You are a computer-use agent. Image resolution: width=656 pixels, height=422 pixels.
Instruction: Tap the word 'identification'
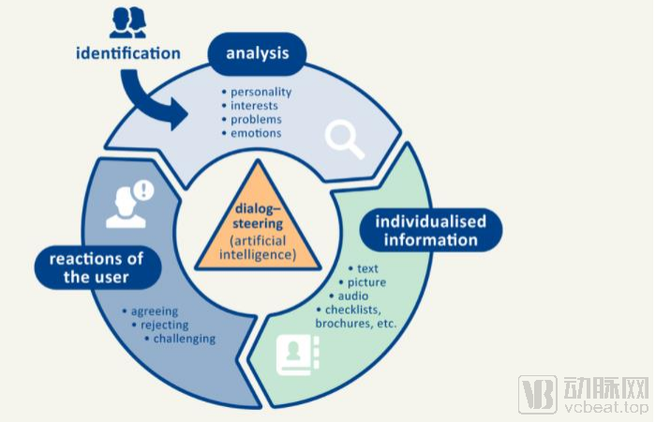(128, 52)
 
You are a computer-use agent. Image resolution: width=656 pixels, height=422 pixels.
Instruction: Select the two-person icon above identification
(127, 22)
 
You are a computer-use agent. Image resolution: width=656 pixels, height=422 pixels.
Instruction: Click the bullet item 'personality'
(261, 92)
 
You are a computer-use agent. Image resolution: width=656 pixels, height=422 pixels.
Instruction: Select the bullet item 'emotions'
(255, 133)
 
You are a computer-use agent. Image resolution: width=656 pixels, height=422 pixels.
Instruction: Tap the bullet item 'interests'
(256, 106)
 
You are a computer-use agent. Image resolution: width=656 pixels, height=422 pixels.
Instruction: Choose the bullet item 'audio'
(358, 296)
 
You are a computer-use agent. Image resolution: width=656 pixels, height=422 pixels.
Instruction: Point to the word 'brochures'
(345, 323)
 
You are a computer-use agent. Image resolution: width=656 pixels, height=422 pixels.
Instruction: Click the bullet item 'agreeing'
(155, 312)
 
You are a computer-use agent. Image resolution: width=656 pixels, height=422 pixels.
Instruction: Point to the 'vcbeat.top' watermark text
(605, 408)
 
